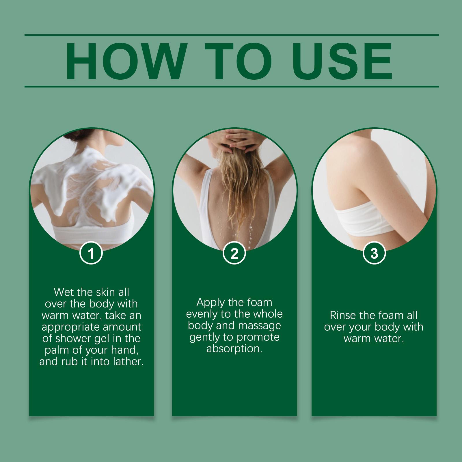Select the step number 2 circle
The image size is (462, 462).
coord(234,254)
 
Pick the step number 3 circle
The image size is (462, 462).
coord(374,254)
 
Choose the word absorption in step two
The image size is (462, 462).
coord(234,349)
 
